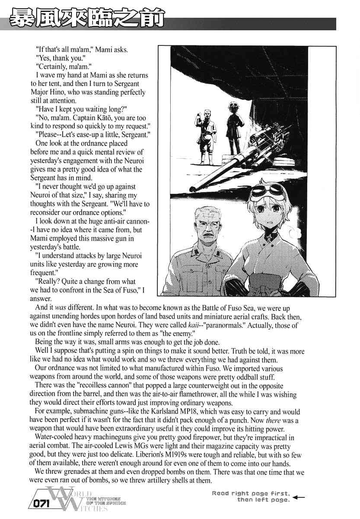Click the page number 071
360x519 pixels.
click(41, 504)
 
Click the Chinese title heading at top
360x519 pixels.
click(87, 19)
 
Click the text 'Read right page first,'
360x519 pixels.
click(252, 493)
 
